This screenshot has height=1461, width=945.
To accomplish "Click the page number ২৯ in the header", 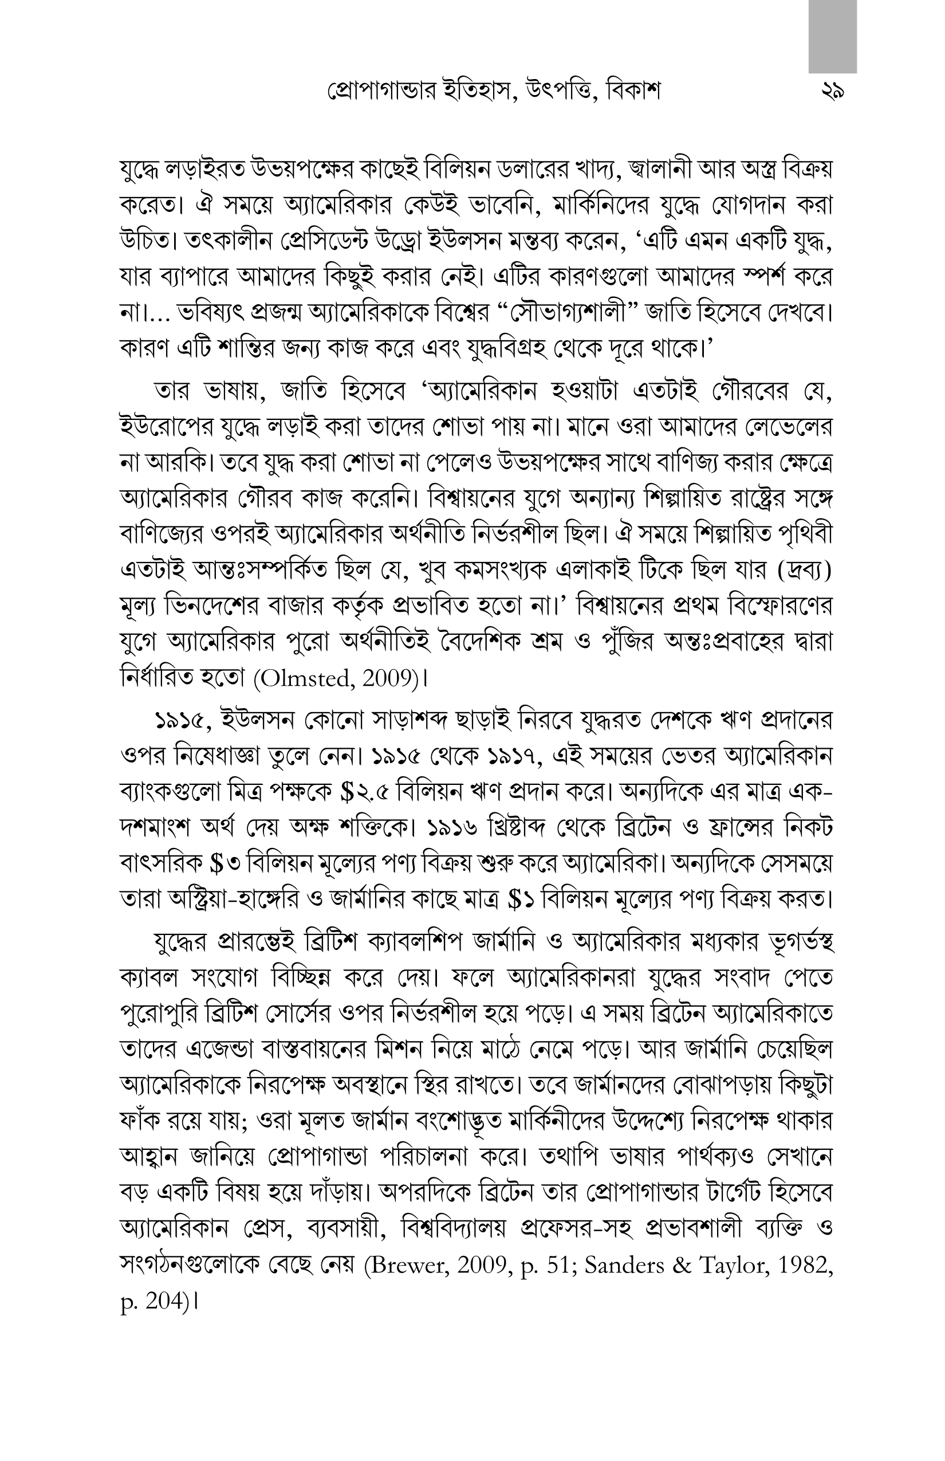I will pyautogui.click(x=832, y=93).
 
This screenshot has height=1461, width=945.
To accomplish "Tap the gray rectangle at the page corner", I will pyautogui.click(x=832, y=36).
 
